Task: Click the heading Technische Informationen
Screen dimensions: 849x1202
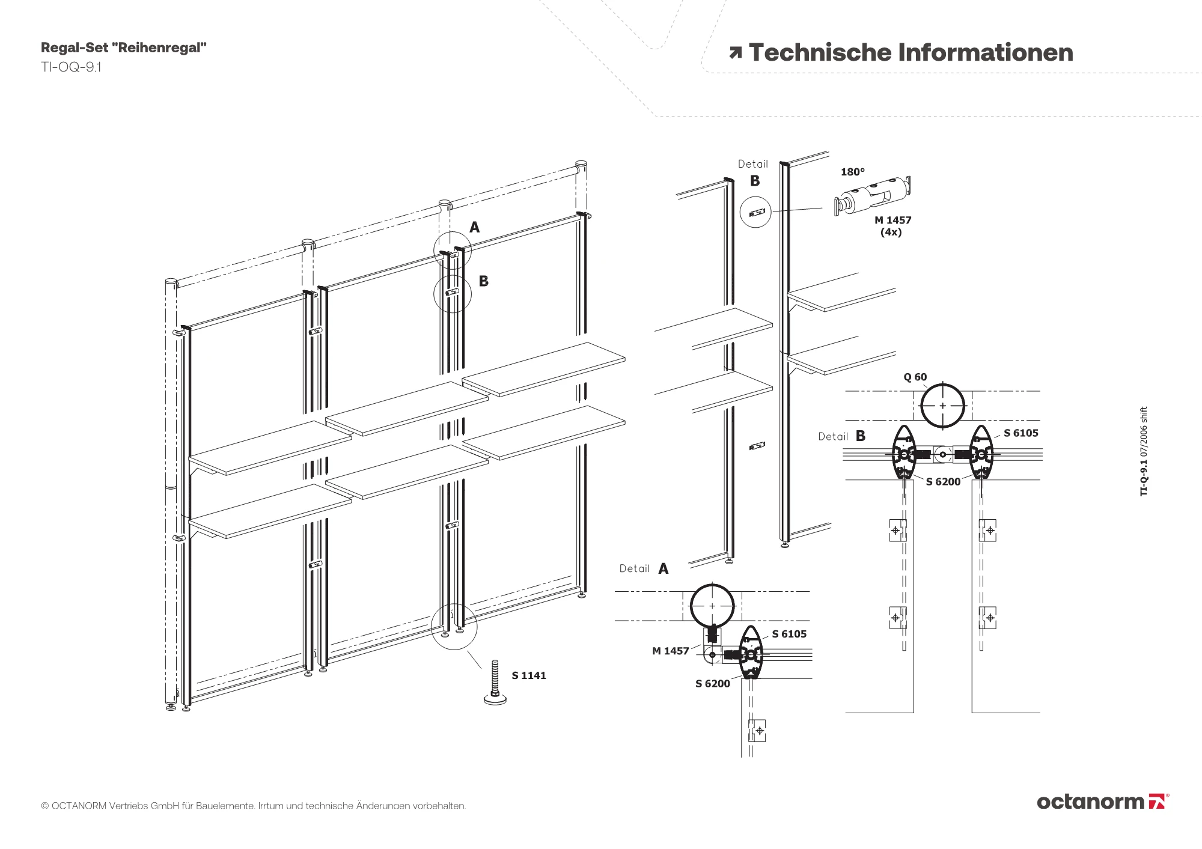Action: coord(911,53)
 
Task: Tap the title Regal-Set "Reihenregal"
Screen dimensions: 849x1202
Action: coord(124,48)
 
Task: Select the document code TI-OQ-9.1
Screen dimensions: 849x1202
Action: coord(71,67)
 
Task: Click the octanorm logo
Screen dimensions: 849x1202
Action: coord(1102,802)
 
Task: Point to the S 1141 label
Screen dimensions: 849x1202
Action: coord(529,675)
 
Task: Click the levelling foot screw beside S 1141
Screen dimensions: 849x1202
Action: coord(495,683)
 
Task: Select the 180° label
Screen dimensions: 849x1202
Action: coord(852,172)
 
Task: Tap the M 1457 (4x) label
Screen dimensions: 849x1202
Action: coord(892,226)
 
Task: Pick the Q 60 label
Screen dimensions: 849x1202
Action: coord(915,377)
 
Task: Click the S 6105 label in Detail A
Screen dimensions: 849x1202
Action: coord(789,634)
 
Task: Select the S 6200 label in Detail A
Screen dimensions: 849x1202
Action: coord(713,684)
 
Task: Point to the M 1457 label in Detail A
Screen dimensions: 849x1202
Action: coord(671,651)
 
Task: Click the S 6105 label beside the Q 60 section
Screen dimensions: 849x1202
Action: coord(1020,433)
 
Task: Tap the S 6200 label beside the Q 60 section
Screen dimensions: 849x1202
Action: coord(943,481)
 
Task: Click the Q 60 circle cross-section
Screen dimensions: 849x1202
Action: coord(942,406)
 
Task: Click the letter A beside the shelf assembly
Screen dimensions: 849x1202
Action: coord(475,228)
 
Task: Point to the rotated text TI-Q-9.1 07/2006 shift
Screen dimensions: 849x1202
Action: coord(1144,451)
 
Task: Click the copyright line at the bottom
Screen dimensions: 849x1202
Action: coord(253,805)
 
